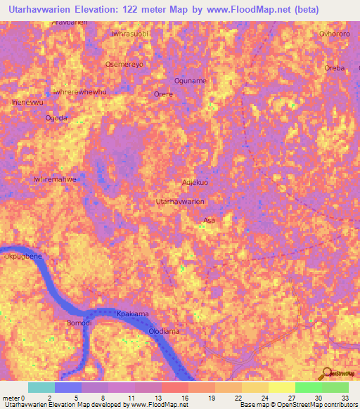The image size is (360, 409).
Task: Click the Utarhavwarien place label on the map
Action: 180,202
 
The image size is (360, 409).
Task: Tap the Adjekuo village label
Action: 195,183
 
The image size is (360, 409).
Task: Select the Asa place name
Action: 209,221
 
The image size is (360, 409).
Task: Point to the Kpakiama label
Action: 134,314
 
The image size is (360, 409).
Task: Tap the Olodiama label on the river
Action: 167,330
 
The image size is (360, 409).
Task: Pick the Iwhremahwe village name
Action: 55,179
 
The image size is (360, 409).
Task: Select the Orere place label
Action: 163,93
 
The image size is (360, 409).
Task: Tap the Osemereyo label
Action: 124,64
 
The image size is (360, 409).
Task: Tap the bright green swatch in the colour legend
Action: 308,387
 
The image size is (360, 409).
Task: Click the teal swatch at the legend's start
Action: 41,387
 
